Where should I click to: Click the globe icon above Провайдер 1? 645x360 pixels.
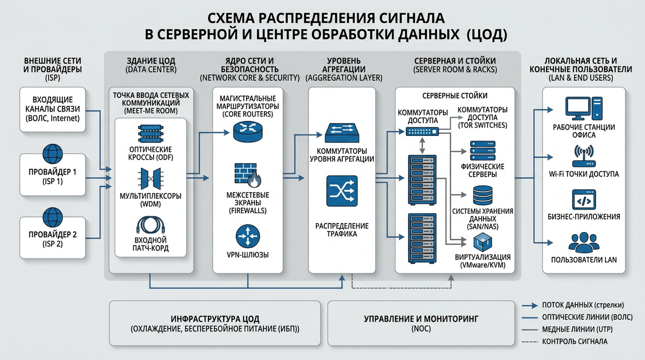pyautogui.click(x=53, y=154)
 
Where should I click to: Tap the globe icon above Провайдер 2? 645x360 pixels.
pyautogui.click(x=53, y=217)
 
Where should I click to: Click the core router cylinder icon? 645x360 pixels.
pyautogui.click(x=248, y=132)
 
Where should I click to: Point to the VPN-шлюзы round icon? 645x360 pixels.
pyautogui.click(x=248, y=236)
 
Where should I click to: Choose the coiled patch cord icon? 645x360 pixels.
pyautogui.click(x=150, y=225)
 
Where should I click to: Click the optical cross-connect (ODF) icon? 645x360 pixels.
pyautogui.click(x=150, y=134)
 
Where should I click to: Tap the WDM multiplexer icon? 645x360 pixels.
pyautogui.click(x=150, y=179)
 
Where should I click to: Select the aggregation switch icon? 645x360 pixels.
pyautogui.click(x=342, y=133)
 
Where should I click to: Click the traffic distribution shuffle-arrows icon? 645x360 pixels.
pyautogui.click(x=342, y=191)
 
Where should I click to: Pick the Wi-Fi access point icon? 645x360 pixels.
pyautogui.click(x=584, y=156)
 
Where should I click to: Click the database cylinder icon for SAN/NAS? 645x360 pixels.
pyautogui.click(x=483, y=196)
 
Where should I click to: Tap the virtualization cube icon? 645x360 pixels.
pyautogui.click(x=483, y=242)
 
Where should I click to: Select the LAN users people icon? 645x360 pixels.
pyautogui.click(x=584, y=242)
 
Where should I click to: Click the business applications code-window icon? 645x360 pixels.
pyautogui.click(x=584, y=199)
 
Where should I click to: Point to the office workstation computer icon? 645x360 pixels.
pyautogui.click(x=584, y=109)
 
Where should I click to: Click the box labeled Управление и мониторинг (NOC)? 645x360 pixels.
pyautogui.click(x=421, y=323)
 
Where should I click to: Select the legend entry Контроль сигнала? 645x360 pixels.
pyautogui.click(x=565, y=342)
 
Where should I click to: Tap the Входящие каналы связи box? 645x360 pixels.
pyautogui.click(x=53, y=110)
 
